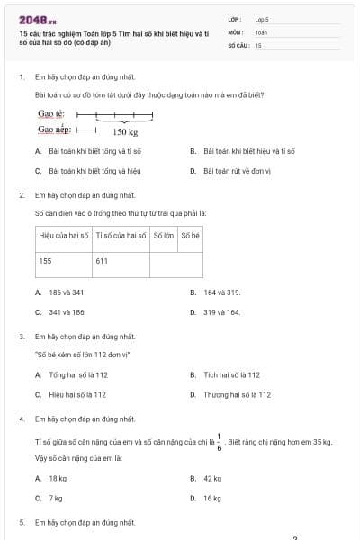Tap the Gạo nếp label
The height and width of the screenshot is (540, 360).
[54, 129]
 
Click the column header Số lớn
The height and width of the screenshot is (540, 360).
[163, 236]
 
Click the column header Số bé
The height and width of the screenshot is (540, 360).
[190, 236]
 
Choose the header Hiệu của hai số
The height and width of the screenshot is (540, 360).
[63, 236]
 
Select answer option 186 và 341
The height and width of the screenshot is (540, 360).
[67, 292]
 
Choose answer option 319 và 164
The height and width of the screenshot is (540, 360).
[221, 312]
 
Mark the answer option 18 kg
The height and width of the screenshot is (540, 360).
[58, 478]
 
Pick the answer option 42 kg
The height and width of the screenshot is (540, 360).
[212, 478]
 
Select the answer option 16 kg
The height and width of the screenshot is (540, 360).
[212, 498]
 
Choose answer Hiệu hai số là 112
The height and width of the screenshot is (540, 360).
[77, 394]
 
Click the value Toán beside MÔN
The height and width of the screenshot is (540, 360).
[261, 31]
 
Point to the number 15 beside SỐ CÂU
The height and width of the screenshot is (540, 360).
[258, 44]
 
